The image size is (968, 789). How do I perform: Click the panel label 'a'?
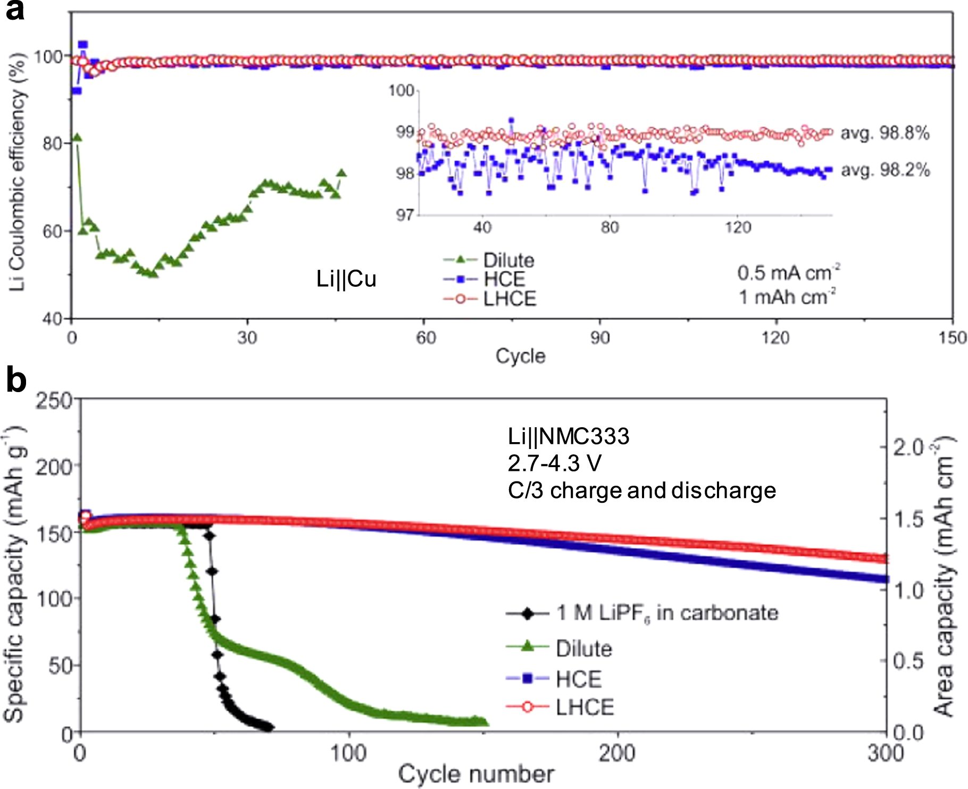click(15, 11)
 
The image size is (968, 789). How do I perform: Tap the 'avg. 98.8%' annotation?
click(885, 133)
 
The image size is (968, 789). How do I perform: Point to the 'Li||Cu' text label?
click(346, 279)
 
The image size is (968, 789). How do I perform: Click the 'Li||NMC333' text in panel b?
click(569, 436)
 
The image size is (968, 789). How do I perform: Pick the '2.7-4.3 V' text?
click(554, 463)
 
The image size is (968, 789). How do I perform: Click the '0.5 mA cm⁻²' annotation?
click(789, 272)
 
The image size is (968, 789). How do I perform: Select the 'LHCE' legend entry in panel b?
click(560, 707)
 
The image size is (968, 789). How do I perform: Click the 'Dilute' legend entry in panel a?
click(489, 260)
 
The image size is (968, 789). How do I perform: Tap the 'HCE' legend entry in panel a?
click(484, 279)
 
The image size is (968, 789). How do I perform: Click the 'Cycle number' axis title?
click(476, 774)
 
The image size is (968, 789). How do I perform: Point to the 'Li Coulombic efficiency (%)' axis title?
click(16, 172)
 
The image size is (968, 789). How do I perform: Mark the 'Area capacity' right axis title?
click(945, 576)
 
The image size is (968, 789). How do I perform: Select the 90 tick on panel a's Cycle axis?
click(600, 337)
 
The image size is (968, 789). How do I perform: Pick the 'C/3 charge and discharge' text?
click(642, 491)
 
